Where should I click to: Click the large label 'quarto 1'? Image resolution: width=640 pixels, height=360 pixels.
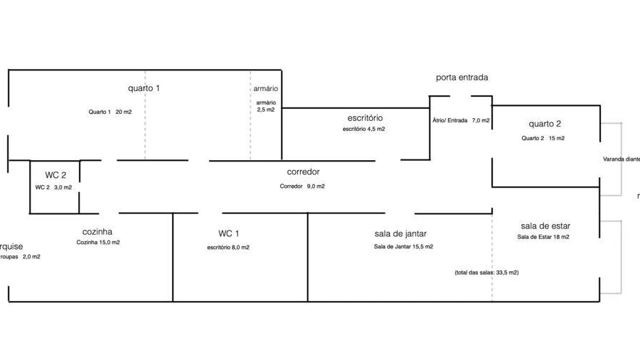tap(144, 88)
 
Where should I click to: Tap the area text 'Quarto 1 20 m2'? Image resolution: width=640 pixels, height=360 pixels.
tap(110, 112)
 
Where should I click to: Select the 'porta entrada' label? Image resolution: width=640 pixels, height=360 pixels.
tap(462, 78)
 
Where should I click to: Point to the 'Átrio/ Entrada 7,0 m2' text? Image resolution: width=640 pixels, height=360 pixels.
tap(461, 120)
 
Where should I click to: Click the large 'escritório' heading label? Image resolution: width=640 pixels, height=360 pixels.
tap(366, 117)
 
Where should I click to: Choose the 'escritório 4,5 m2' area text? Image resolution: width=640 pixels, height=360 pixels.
tap(363, 129)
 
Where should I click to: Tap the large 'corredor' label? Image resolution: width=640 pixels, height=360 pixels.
tap(303, 172)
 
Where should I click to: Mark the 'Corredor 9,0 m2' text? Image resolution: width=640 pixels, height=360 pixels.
tap(302, 186)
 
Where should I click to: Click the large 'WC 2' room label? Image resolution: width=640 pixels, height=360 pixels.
tap(56, 174)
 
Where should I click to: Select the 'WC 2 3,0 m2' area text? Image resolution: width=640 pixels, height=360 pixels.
tap(53, 187)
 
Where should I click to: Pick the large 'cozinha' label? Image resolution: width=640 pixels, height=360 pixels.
tap(97, 231)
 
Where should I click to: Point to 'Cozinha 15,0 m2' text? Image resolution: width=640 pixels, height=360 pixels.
tap(98, 243)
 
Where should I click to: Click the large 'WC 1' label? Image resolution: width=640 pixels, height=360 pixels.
tap(228, 233)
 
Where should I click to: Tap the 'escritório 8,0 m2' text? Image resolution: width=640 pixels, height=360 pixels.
tap(228, 248)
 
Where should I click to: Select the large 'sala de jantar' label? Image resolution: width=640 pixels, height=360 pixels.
tap(400, 233)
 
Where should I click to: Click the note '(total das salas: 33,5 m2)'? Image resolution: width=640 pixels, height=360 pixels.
tap(486, 272)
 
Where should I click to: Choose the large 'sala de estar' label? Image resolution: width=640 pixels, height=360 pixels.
tap(545, 226)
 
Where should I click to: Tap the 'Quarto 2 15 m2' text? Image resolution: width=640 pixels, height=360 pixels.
tap(543, 138)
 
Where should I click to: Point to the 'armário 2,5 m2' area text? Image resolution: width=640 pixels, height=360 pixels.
tap(266, 106)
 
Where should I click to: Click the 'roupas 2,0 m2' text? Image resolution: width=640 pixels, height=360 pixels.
tap(21, 256)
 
